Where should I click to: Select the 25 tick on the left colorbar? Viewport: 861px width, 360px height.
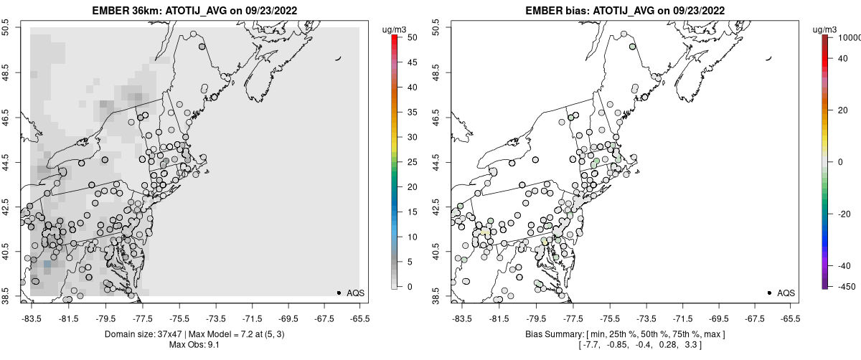tap(407, 161)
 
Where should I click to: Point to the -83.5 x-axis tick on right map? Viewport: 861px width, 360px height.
tap(461, 318)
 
